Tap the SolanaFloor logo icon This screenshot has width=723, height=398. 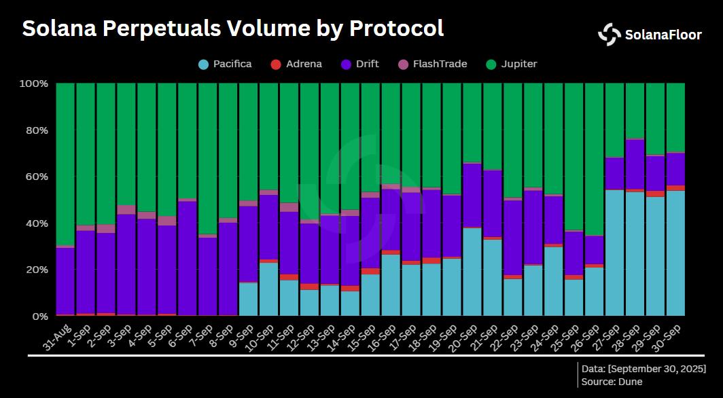coord(609,35)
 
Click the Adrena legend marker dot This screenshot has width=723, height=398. coord(275,65)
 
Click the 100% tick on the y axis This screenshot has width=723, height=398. coord(34,84)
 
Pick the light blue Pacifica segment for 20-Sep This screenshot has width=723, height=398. coord(472,272)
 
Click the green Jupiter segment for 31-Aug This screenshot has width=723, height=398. coord(65,163)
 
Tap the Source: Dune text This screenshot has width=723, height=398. coord(612,382)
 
